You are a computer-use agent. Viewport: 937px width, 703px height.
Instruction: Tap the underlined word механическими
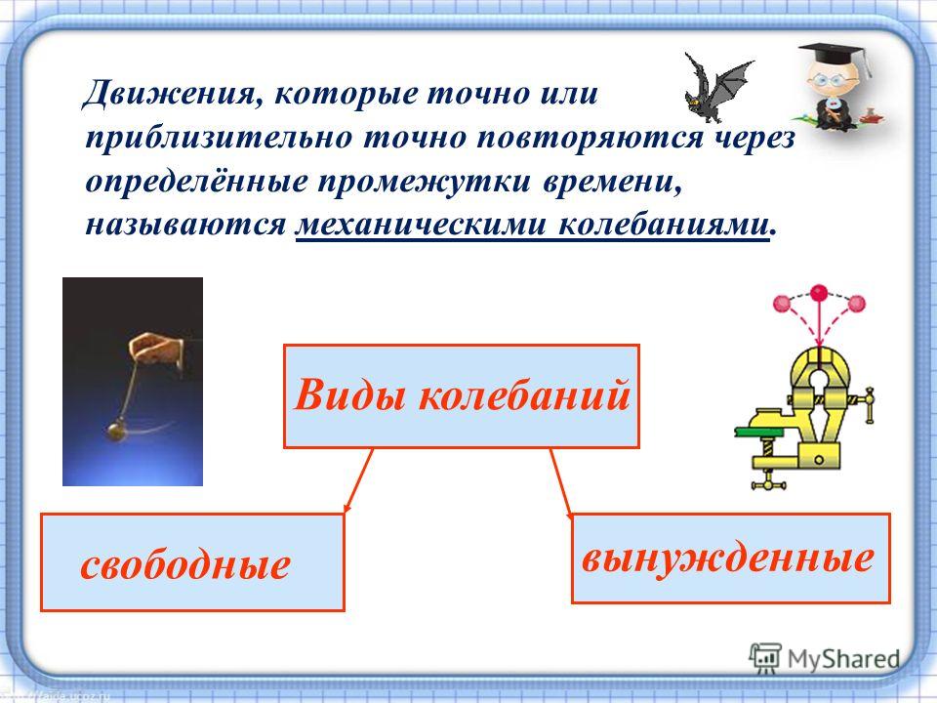pyautogui.click(x=421, y=225)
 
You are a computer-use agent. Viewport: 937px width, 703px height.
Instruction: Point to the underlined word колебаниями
pyautogui.click(x=664, y=225)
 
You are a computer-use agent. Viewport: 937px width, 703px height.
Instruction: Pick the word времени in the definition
pyautogui.click(x=611, y=182)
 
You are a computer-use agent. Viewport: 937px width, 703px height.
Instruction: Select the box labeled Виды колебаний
pyautogui.click(x=462, y=395)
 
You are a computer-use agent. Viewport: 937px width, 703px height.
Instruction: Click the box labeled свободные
pyautogui.click(x=192, y=562)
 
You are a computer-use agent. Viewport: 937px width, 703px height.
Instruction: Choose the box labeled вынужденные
pyautogui.click(x=731, y=558)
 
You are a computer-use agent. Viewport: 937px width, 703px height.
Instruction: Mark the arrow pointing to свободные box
pyautogui.click(x=359, y=480)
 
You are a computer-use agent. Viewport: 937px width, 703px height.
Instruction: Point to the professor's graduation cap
pyautogui.click(x=833, y=55)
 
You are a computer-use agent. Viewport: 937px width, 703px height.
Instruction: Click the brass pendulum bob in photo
pyautogui.click(x=116, y=431)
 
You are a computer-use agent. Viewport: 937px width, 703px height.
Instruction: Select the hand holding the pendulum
pyautogui.click(x=156, y=354)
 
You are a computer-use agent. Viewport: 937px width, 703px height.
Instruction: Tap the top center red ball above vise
pyautogui.click(x=819, y=293)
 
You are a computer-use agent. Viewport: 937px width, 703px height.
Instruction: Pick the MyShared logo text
pyautogui.click(x=843, y=659)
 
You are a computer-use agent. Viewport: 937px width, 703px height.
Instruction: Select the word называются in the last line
pyautogui.click(x=185, y=226)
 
